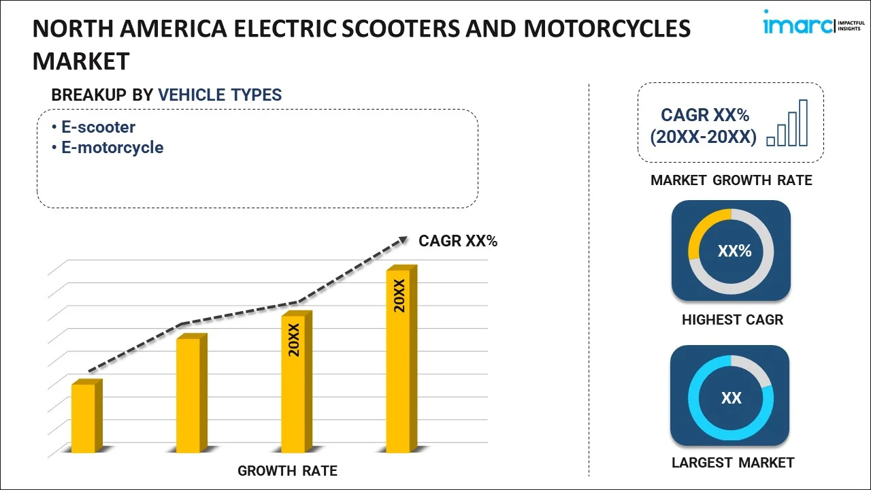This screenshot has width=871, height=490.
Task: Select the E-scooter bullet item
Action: click(x=98, y=127)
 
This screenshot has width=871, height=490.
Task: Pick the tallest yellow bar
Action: click(x=399, y=361)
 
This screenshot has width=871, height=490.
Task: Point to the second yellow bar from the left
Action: click(x=188, y=395)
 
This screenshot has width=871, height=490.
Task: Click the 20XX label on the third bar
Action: click(x=294, y=340)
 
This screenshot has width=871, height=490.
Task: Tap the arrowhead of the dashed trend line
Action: click(x=403, y=240)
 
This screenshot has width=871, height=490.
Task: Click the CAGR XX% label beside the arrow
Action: click(x=458, y=241)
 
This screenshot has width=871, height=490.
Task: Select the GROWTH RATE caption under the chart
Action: click(x=287, y=471)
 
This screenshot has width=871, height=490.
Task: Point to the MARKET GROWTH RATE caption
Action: click(x=731, y=180)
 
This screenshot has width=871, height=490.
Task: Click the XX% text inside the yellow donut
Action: click(x=734, y=251)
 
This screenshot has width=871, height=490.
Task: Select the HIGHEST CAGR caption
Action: click(x=732, y=320)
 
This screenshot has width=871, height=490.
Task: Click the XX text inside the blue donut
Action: click(x=732, y=398)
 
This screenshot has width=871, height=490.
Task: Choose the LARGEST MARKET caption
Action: click(x=732, y=463)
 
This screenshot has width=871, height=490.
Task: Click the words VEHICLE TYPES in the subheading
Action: click(x=220, y=95)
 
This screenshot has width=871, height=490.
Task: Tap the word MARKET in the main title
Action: click(x=81, y=61)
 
